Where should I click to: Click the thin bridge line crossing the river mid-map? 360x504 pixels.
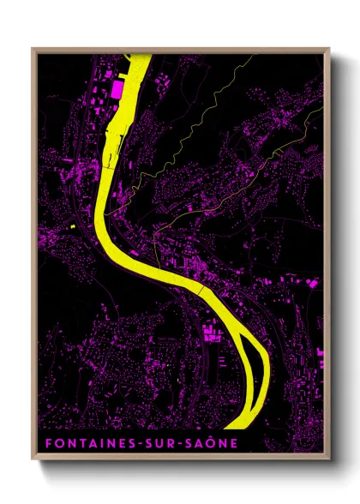click(x=199, y=291)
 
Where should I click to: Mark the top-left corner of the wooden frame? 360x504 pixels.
click(x=33, y=49)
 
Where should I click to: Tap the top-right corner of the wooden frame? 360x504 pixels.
click(x=328, y=49)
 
